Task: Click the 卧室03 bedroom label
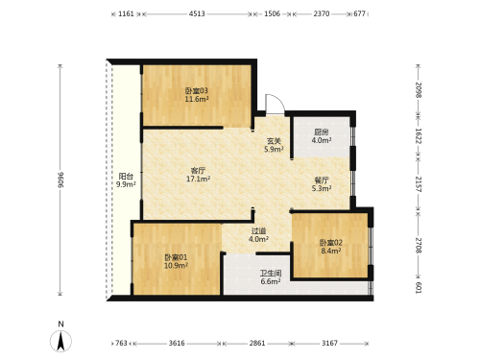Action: (x=197, y=91)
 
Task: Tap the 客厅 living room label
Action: (x=198, y=171)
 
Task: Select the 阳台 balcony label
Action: (x=126, y=177)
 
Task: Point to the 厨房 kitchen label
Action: (x=322, y=132)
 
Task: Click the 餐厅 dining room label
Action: (x=322, y=180)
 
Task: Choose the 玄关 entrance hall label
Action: (x=274, y=140)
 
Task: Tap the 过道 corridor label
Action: (x=258, y=230)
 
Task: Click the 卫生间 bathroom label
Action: (x=271, y=274)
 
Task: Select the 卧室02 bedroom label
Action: (x=331, y=243)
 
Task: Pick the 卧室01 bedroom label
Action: (x=176, y=257)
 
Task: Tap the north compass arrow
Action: (x=60, y=341)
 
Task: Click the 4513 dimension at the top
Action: (x=197, y=13)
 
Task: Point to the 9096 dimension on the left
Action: (x=60, y=180)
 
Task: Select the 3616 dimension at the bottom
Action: (x=177, y=344)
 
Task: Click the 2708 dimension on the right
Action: (x=419, y=245)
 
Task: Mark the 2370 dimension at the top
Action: (x=322, y=13)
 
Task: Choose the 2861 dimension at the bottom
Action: (x=257, y=344)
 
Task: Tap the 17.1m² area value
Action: (x=198, y=180)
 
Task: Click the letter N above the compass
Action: (x=60, y=324)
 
